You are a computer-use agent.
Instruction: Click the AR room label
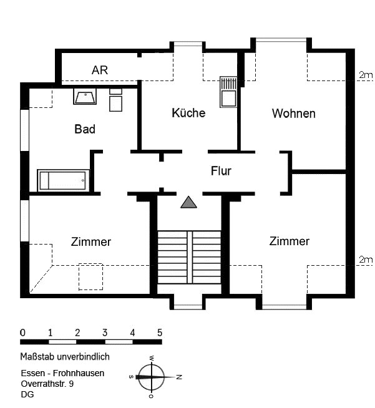pos(100,70)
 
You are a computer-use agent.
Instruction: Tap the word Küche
pos(188,113)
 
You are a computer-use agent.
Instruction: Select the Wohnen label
pos(293,114)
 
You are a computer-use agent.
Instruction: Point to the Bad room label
pos(85,129)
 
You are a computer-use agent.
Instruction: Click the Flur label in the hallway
pos(221,171)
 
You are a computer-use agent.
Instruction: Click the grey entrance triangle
pos(188,202)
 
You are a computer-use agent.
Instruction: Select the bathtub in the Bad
pos(63,180)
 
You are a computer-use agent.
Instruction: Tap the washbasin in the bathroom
pos(85,97)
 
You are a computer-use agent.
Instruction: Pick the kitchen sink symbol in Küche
pos(228,92)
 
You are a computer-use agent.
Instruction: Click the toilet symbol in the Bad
pos(116,100)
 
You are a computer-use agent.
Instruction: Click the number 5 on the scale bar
pos(160,333)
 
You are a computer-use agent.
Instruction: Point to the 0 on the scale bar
pos(23,333)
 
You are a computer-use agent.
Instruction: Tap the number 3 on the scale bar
pos(105,333)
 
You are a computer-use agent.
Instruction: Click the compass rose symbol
pos(151,377)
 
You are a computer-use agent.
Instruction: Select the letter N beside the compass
pos(179,377)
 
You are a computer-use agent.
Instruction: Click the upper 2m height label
pos(366,75)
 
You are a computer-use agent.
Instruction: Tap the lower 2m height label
pos(366,260)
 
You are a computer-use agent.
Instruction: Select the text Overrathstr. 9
pos(47,384)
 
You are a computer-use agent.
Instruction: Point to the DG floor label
pos(27,394)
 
